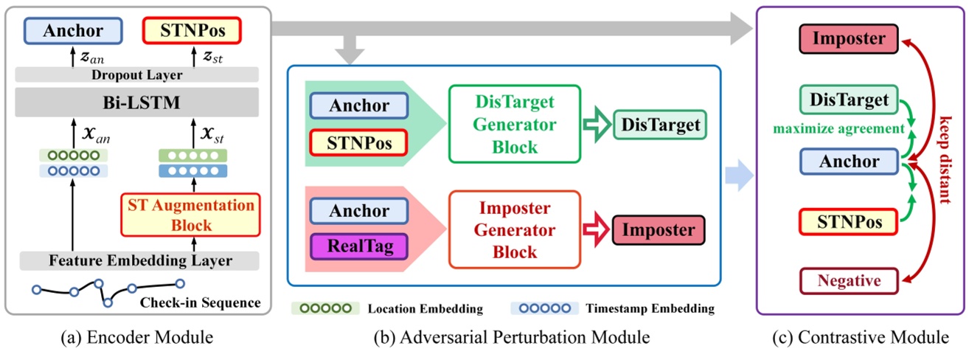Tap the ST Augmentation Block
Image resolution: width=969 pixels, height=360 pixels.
192,214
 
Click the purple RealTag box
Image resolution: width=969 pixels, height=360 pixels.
358,243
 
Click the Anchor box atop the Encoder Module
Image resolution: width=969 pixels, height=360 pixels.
72,32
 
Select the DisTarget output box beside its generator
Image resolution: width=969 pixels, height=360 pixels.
659,125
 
